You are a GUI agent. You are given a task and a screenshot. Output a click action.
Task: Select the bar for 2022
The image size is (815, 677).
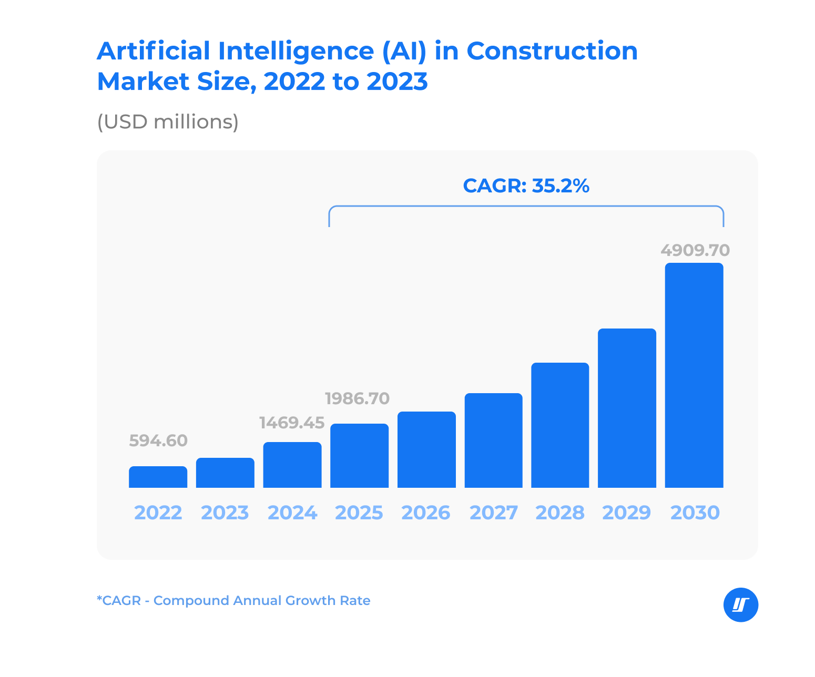point(158,477)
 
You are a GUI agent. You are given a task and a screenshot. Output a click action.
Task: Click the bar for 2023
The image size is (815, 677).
point(225,473)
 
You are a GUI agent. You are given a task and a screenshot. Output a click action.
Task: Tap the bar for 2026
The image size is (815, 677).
point(426,449)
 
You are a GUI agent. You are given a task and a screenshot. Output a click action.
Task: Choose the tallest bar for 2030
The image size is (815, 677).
point(694,375)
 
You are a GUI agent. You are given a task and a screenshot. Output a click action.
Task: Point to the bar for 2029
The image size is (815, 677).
point(627,408)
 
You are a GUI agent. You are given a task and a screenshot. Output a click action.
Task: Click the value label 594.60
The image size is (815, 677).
point(158,440)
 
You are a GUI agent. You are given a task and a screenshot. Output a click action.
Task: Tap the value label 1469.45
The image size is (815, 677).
point(292,423)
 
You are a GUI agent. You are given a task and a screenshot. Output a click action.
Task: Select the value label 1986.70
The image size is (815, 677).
point(358,398)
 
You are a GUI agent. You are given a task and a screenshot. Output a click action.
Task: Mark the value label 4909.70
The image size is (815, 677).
point(695,250)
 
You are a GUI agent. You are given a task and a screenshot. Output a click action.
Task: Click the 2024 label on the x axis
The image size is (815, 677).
point(292,512)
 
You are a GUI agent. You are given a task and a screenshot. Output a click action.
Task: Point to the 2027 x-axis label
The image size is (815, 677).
point(493,512)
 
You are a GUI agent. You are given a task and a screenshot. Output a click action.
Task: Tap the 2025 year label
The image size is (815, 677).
point(359,512)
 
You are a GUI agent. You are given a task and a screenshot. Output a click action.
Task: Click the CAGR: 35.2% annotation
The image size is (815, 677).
point(526,186)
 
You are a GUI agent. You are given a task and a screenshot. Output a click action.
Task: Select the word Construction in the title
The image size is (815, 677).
point(552,51)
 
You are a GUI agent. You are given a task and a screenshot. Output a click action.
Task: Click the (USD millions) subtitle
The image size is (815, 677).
point(168,122)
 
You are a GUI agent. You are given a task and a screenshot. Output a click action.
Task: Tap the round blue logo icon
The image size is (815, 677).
point(741,605)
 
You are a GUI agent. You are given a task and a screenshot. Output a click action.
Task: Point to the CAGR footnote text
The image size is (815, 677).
point(233,600)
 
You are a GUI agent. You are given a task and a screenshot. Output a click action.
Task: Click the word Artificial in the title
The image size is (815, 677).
point(154,51)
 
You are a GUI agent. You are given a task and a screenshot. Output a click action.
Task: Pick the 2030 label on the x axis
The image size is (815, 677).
point(695,512)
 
